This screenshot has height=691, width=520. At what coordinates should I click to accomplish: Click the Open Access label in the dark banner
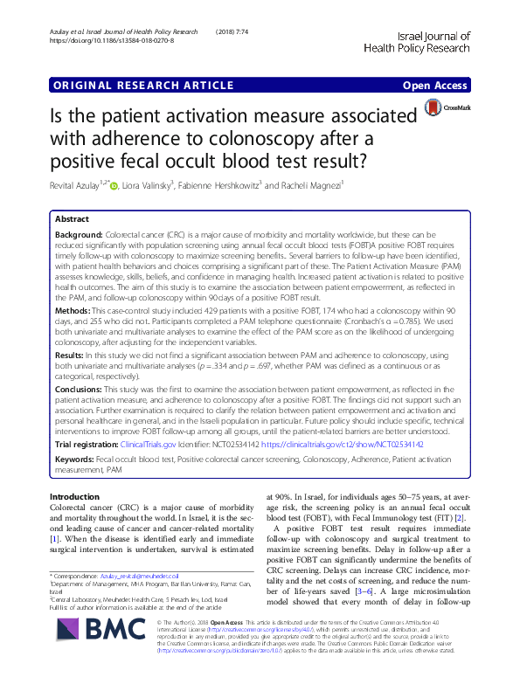pyautogui.click(x=437, y=86)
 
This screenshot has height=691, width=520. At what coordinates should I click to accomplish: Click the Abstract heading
pyautogui.click(x=72, y=219)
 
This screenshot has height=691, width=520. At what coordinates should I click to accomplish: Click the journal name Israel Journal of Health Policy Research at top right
pyautogui.click(x=421, y=42)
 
